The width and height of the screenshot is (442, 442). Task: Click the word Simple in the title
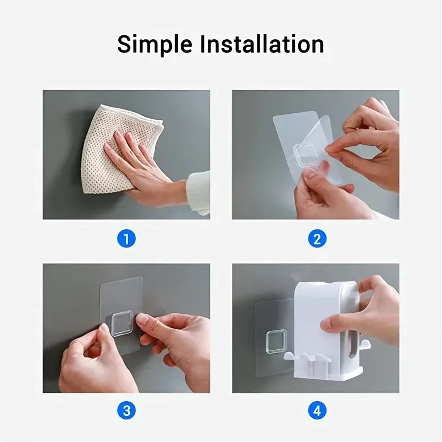click(155, 45)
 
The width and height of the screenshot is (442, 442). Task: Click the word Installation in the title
click(262, 44)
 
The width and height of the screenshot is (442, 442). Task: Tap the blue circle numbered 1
click(127, 239)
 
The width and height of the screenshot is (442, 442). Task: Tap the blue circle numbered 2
click(317, 239)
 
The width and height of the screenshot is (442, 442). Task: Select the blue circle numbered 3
click(127, 411)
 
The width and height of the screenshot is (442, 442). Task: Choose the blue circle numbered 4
click(317, 411)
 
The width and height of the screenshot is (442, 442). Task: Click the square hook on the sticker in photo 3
click(122, 323)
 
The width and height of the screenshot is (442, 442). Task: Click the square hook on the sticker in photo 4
click(276, 342)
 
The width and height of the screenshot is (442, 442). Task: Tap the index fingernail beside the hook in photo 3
click(143, 320)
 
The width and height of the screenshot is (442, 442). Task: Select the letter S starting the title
click(124, 45)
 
